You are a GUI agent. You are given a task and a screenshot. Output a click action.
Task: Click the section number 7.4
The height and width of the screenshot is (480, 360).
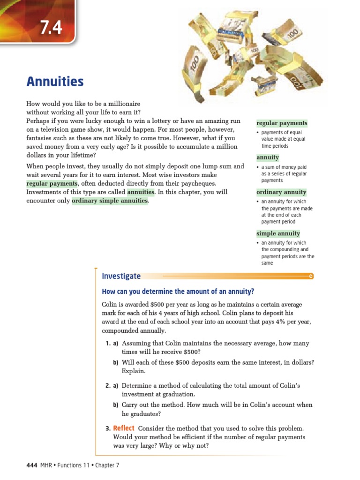pos(51,28)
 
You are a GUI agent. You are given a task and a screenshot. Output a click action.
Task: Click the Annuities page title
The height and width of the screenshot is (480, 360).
pos(55,82)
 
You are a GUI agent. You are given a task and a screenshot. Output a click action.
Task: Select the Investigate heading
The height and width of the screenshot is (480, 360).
pos(121,277)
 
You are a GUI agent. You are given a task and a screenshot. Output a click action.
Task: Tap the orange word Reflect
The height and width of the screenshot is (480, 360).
pos(124,428)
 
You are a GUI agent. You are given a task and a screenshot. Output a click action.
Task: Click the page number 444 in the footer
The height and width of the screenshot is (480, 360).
pos(32,465)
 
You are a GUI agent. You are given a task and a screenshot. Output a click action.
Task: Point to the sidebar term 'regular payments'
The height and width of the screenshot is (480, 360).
pos(282,123)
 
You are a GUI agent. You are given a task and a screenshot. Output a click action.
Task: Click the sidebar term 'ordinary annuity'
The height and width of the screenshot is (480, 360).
pos(281,192)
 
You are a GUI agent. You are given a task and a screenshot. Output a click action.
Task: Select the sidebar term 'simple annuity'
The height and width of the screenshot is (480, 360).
pos(278,233)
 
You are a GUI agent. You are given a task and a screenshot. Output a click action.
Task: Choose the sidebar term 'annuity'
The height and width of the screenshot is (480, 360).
pos(268,157)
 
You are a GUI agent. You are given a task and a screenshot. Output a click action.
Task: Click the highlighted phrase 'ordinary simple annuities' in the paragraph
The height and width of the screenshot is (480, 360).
pos(110,201)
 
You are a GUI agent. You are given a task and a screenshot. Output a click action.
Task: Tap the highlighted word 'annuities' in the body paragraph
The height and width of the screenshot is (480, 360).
pos(141,192)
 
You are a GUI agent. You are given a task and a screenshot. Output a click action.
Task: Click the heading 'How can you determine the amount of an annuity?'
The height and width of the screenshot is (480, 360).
pos(178,292)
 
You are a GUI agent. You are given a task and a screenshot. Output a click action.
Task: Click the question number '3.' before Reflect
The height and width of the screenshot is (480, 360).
pos(108,428)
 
